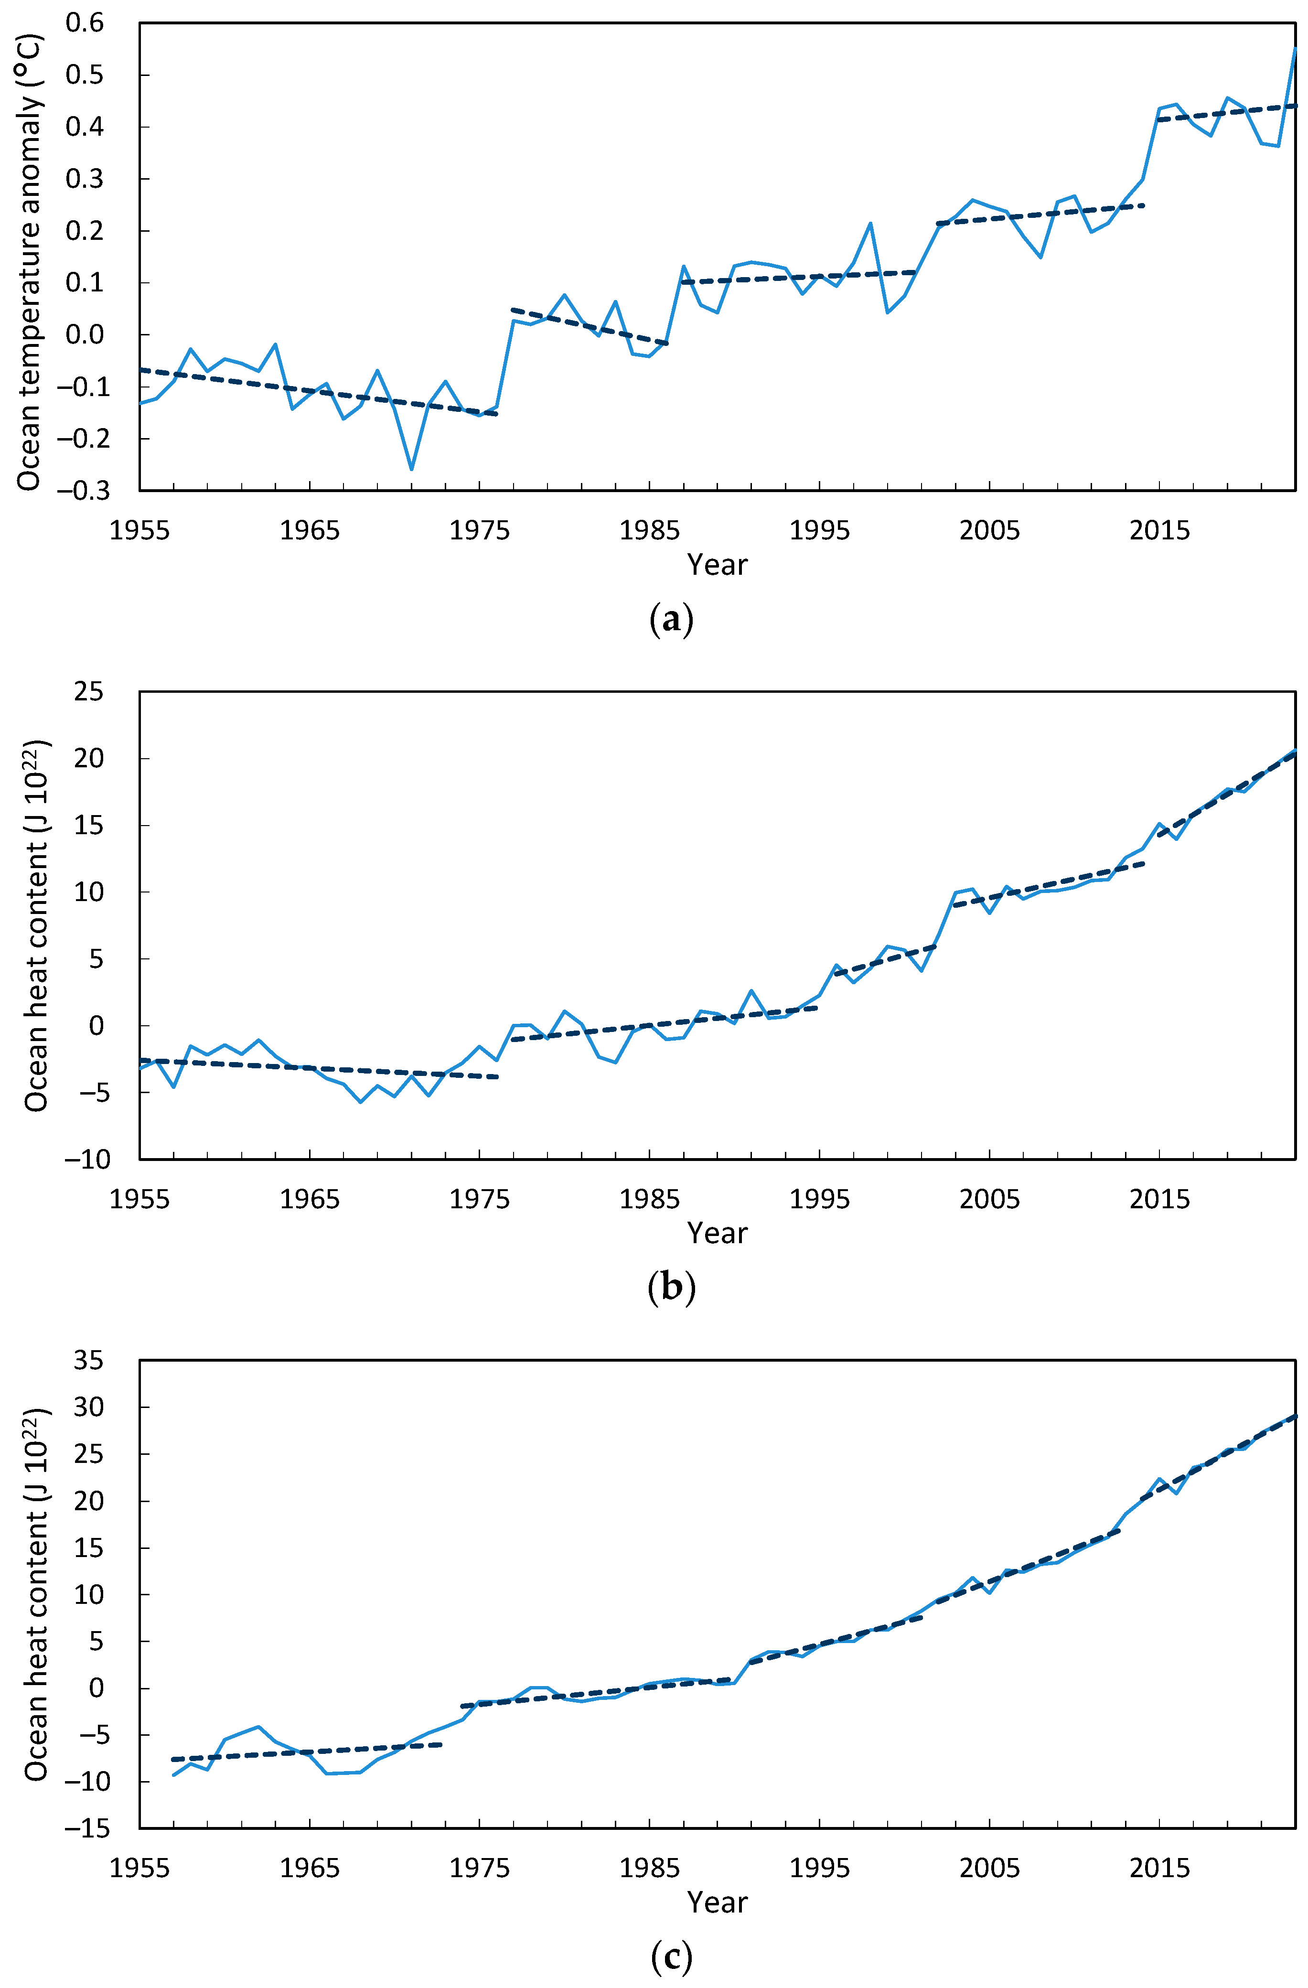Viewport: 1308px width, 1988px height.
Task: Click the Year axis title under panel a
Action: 717,565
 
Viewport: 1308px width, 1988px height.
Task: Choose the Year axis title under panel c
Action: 717,1902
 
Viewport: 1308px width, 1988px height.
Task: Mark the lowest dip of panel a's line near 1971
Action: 411,469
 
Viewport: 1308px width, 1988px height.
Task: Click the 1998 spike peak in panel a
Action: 870,223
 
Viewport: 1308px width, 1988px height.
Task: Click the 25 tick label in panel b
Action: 88,692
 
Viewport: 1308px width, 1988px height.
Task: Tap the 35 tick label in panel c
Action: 88,1360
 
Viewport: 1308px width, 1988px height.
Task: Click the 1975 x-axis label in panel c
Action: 480,1868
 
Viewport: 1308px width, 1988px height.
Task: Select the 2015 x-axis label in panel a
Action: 1159,530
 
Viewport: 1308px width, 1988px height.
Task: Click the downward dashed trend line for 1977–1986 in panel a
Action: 589,327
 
